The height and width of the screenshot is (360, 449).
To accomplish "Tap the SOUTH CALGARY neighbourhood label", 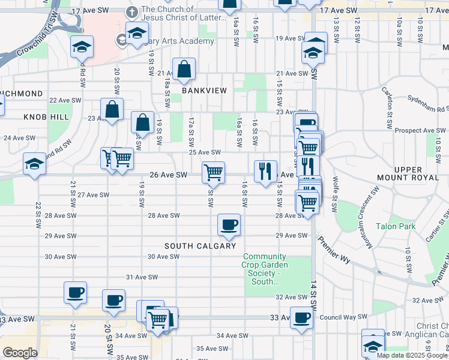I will coord(200,246).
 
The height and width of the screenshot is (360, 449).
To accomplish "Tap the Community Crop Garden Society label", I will coord(265,269).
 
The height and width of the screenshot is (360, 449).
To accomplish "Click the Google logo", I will coord(20,353).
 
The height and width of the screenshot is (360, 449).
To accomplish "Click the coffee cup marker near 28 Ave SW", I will coord(229,225).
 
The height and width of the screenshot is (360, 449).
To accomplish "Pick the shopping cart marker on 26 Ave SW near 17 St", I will coord(214,172).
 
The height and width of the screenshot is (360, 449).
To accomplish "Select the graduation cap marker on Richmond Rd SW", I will coord(34,163).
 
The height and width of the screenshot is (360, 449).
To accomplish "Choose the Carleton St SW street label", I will coord(387,106).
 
